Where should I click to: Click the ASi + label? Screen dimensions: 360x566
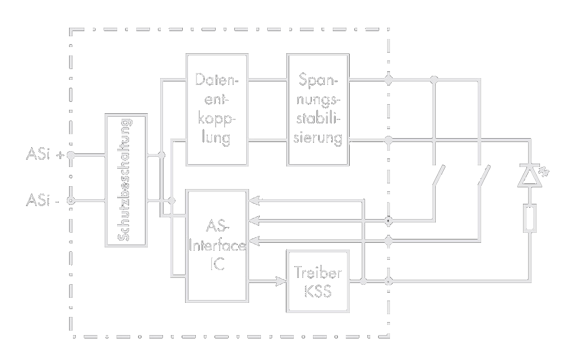(44, 154)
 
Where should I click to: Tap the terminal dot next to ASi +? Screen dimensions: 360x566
(71, 154)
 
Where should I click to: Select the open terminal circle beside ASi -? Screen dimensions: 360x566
(71, 200)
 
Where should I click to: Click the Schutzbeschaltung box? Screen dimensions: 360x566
(126, 181)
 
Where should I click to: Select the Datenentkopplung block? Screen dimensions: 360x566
(217, 109)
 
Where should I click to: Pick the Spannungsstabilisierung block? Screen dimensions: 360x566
(318, 109)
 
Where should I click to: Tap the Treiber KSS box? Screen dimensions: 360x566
(318, 281)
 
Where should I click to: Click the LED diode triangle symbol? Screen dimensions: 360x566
(530, 176)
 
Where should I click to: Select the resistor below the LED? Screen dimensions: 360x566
(530, 219)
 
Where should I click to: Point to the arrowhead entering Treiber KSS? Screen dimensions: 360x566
(281, 280)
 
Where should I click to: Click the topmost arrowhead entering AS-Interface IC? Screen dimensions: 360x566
(253, 200)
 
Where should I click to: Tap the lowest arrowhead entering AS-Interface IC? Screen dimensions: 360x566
(253, 241)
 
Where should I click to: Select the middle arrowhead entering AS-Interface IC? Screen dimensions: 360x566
(253, 220)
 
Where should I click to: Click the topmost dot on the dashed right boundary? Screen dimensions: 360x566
(388, 80)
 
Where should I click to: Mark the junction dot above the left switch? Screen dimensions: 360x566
(434, 80)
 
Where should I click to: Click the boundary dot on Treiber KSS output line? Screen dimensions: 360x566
(388, 281)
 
